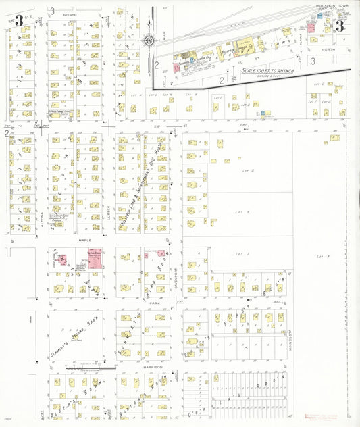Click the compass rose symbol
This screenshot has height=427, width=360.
pos(148,40)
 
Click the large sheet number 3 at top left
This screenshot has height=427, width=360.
pos(19,21)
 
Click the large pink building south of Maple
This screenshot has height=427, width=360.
pos(94,258)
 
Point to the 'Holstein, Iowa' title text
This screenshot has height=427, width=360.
pos(330,7)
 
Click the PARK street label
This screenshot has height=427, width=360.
pos(153,303)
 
